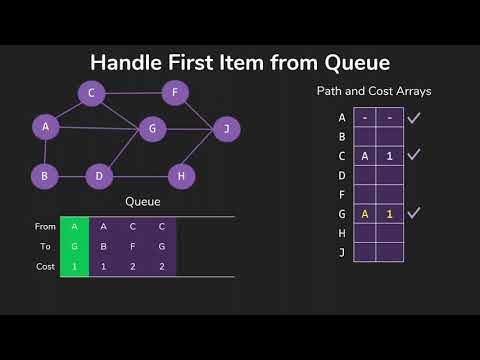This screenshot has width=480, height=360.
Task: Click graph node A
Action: click(x=45, y=127)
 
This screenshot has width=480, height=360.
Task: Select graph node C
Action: click(x=91, y=94)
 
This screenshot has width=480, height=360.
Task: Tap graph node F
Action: click(x=175, y=94)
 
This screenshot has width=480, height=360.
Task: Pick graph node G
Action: click(x=152, y=128)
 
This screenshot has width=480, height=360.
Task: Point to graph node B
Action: click(x=45, y=177)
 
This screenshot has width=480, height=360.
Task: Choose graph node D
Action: click(x=99, y=177)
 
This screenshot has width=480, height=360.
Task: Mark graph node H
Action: click(x=181, y=177)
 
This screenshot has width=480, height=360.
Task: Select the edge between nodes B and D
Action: click(x=72, y=177)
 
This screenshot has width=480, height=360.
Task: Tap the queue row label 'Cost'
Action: click(x=45, y=266)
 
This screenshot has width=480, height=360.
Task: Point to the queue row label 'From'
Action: click(x=44, y=228)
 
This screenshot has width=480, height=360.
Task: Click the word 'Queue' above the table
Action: click(x=142, y=201)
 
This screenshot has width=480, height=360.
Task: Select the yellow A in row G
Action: click(x=366, y=212)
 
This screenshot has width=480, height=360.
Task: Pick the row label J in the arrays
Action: click(x=342, y=251)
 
